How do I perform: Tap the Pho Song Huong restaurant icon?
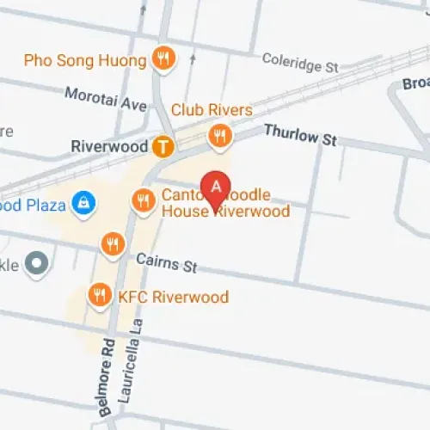[162, 59]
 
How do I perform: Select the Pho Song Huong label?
[86, 60]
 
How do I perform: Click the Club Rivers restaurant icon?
[221, 135]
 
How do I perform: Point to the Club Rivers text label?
[212, 110]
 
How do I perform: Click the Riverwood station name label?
[109, 147]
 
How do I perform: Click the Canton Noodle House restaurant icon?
[143, 202]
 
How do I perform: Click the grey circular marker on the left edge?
[36, 263]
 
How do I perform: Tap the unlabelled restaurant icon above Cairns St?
[113, 245]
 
